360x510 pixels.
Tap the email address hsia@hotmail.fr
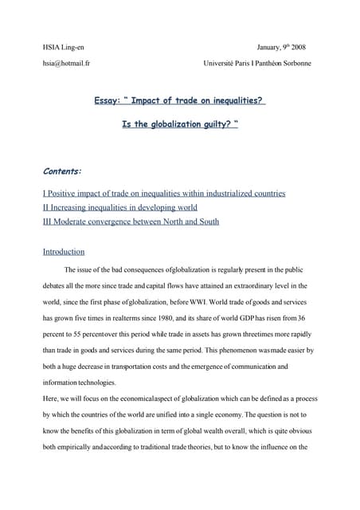pyautogui.click(x=65, y=63)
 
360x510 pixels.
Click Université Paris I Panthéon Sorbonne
pyautogui.click(x=257, y=63)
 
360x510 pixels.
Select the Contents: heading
pyautogui.click(x=63, y=170)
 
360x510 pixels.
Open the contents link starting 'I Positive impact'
pyautogui.click(x=163, y=193)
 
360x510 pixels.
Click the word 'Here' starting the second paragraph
pyautogui.click(x=50, y=398)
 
